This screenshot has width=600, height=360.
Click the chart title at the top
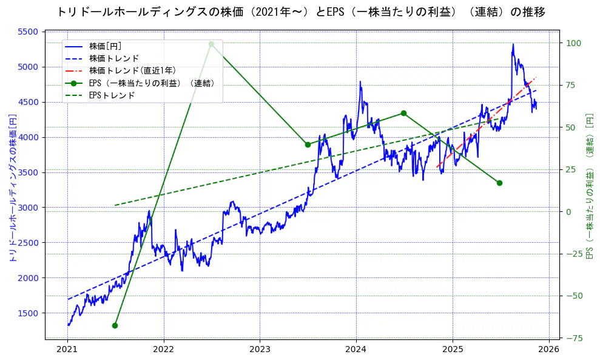301,12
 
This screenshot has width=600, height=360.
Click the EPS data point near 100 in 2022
211,44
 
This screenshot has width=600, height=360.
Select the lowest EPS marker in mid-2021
115,325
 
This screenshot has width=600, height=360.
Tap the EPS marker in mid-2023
308,144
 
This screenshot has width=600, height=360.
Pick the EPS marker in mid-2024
403,113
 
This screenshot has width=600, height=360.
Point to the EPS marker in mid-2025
499,183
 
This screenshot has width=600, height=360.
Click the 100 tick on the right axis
573,43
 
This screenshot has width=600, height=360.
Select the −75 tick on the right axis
573,338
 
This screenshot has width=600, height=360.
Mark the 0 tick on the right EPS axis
569,212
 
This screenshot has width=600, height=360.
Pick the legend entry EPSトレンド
112,95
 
